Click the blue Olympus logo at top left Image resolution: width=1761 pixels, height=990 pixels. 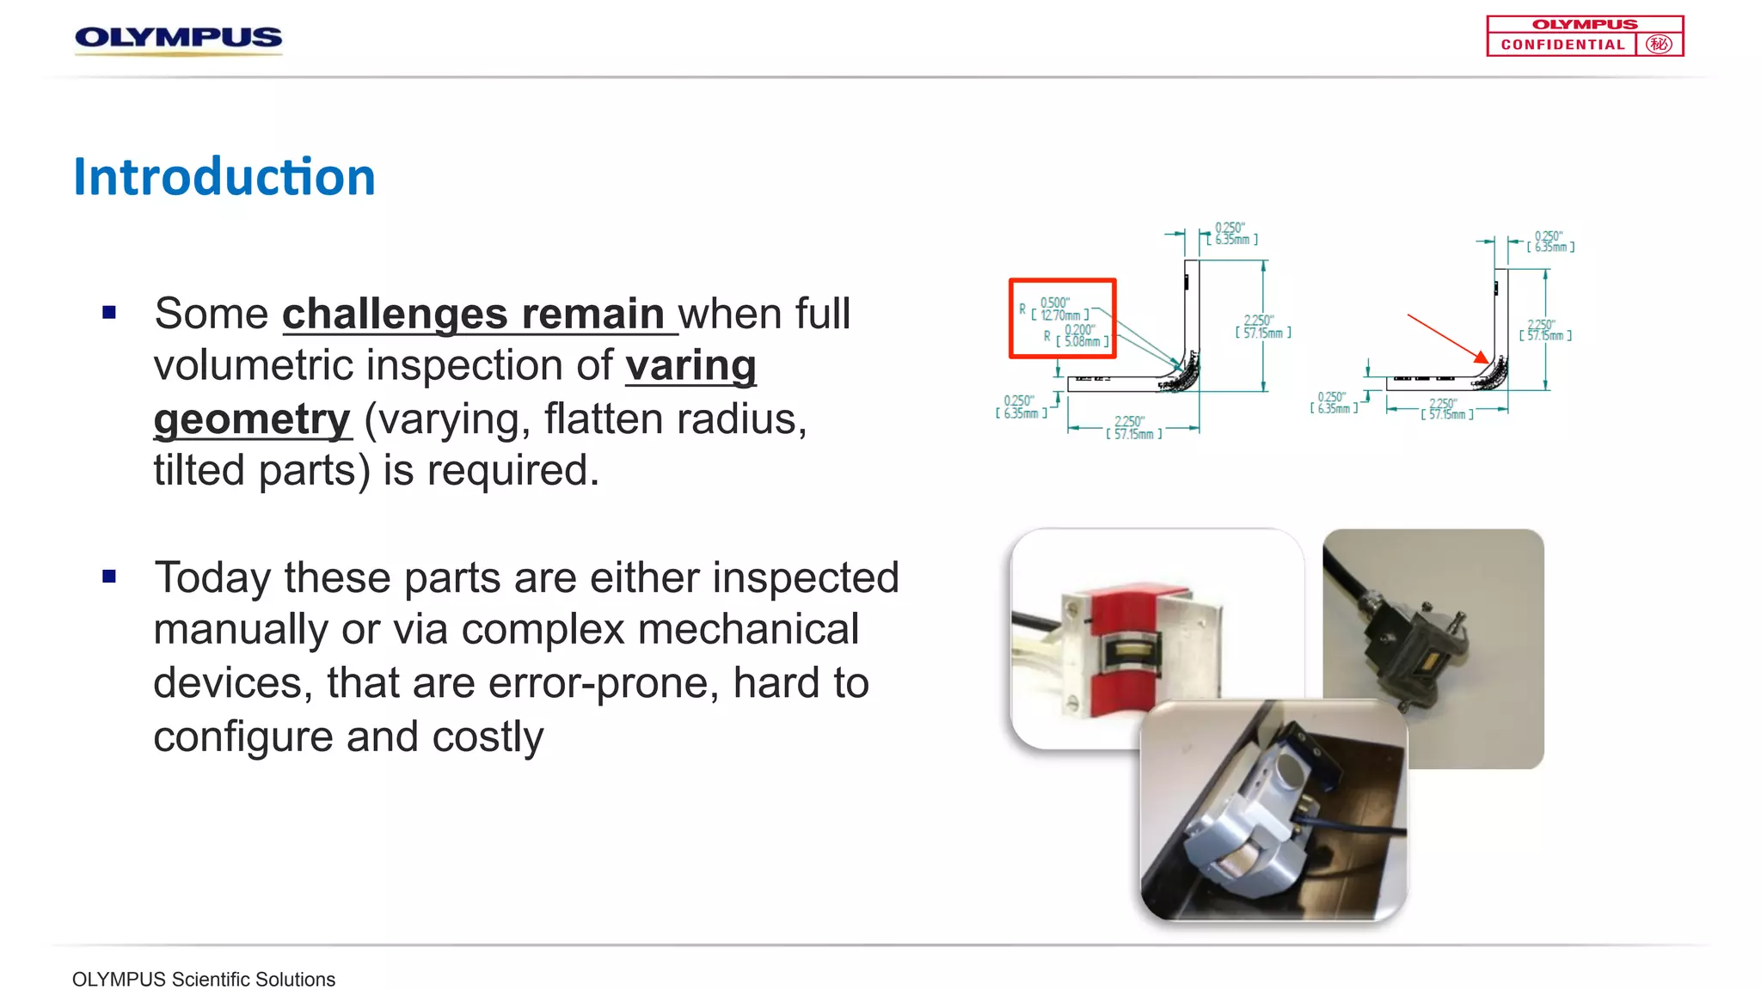(x=178, y=38)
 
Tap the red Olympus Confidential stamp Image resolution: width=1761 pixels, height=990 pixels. (x=1584, y=36)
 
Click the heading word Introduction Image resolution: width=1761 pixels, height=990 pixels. (x=224, y=177)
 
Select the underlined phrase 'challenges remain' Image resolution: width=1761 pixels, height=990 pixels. (x=473, y=314)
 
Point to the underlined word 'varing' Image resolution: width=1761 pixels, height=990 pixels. (x=690, y=366)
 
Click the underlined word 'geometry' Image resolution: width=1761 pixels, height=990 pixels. (x=252, y=419)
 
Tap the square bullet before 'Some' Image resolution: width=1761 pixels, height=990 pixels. (x=109, y=313)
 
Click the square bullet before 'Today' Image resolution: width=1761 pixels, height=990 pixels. (x=109, y=577)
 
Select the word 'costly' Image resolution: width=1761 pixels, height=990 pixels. (x=488, y=737)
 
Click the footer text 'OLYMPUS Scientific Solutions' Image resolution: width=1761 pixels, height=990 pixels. (x=204, y=980)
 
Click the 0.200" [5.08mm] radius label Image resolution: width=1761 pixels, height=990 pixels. (x=1080, y=336)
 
